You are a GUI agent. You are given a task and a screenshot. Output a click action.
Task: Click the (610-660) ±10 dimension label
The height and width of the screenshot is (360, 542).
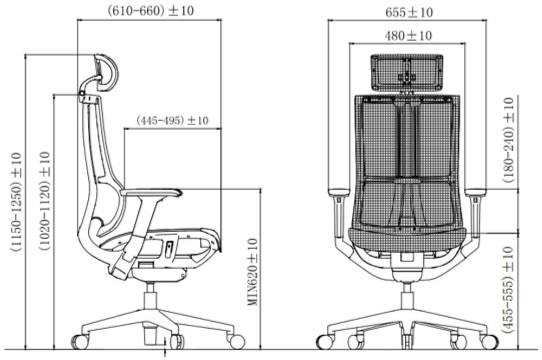(x=151, y=11)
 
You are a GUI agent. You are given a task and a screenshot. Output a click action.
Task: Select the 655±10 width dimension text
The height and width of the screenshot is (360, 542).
(x=409, y=13)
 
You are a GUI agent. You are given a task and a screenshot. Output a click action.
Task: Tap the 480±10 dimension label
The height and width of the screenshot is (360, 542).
(x=408, y=36)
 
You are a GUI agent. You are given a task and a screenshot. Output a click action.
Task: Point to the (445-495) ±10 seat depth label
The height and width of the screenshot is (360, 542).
(x=172, y=120)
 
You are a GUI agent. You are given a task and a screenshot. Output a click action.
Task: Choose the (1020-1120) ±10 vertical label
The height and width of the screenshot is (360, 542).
(x=45, y=201)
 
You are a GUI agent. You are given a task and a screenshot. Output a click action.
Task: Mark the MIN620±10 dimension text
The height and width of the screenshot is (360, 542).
(x=253, y=272)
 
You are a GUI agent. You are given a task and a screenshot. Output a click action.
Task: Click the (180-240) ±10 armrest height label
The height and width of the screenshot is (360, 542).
(x=508, y=140)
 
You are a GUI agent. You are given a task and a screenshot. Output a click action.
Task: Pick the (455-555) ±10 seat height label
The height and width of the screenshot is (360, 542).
(x=508, y=290)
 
